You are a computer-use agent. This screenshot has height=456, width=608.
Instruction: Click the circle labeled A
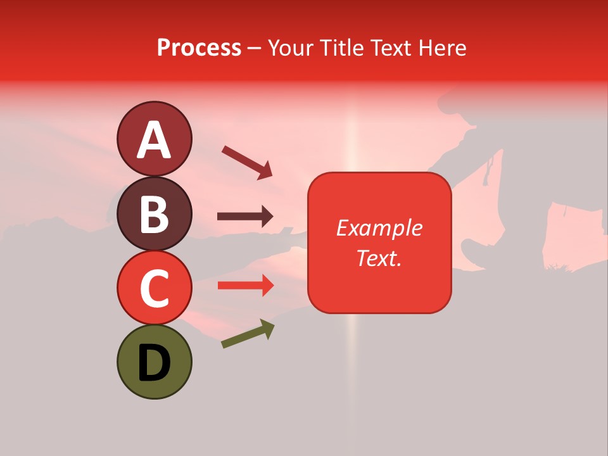point(155,139)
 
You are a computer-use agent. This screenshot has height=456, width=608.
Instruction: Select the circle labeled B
point(155,213)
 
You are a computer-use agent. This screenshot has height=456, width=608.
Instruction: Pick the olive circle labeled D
point(155,362)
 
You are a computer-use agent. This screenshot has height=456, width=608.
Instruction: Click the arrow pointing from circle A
point(247,162)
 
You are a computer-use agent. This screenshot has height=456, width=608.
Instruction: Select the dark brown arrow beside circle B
point(245,217)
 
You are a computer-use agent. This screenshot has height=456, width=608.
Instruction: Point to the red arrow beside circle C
point(245,286)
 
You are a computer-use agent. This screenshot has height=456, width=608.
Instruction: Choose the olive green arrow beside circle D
point(248,334)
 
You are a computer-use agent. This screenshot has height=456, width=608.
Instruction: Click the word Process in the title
point(199,47)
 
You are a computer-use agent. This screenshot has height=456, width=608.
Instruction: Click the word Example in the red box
point(379,228)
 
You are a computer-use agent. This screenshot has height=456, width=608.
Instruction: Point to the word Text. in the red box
point(379,258)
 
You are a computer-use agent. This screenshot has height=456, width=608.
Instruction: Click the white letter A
point(155,140)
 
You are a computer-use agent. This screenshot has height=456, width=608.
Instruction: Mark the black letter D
point(155,363)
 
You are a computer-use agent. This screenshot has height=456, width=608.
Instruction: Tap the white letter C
point(155,288)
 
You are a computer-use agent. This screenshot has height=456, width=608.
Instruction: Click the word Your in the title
point(289,47)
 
